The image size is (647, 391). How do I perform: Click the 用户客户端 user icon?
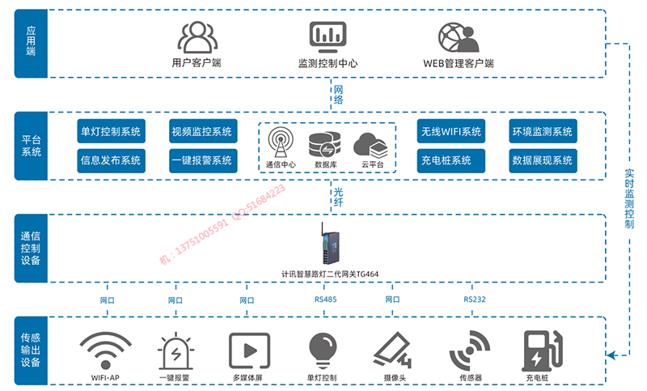click(x=197, y=37)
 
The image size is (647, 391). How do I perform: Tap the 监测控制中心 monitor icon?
click(x=328, y=37)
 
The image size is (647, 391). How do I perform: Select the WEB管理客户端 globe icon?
click(x=458, y=37)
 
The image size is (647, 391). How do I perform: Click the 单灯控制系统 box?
click(x=110, y=132)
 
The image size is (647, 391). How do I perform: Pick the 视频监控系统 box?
click(x=201, y=132)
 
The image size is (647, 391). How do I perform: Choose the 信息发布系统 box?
click(x=110, y=160)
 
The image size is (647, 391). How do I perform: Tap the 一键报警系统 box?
click(x=201, y=160)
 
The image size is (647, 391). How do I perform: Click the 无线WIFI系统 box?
click(x=450, y=132)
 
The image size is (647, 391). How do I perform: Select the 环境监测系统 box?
click(x=542, y=132)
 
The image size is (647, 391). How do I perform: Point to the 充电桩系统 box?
click(x=450, y=160)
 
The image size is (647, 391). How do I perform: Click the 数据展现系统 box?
click(x=542, y=160)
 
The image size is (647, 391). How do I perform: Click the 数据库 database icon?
click(x=325, y=144)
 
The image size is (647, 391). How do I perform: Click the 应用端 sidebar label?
click(x=31, y=43)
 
